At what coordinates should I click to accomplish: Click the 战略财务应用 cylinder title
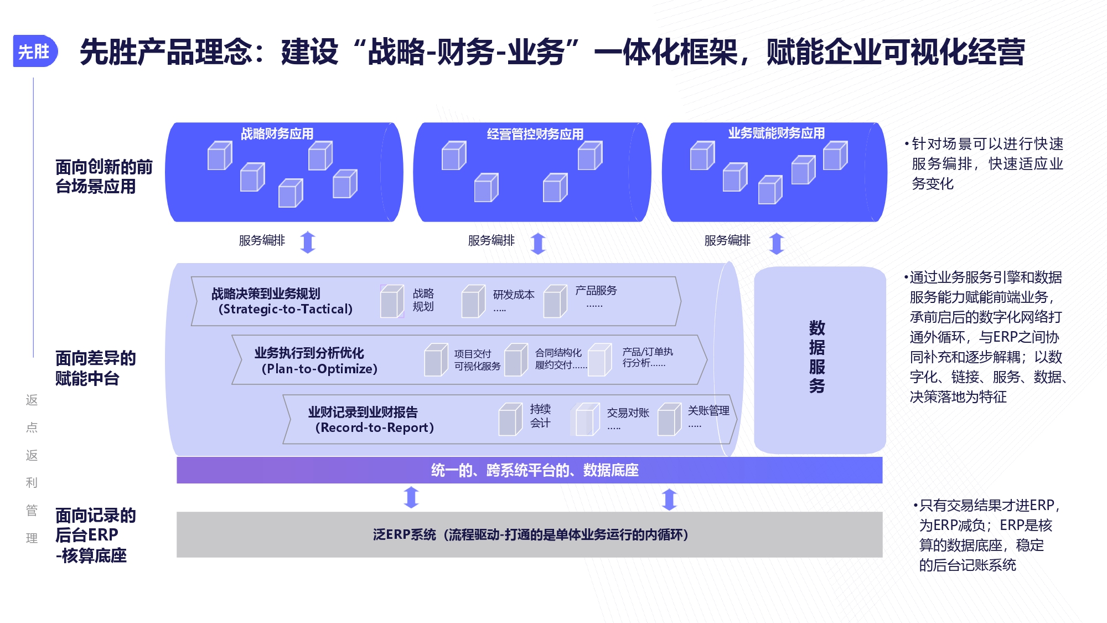click(277, 133)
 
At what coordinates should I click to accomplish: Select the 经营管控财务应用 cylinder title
click(535, 134)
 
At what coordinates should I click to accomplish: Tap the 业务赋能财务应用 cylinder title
click(776, 133)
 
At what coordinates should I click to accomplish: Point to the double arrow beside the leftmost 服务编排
click(308, 242)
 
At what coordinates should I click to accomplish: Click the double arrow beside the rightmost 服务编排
click(777, 243)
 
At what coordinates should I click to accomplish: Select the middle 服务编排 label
click(491, 240)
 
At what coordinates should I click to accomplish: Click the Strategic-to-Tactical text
click(286, 309)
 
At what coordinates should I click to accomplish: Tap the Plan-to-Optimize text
click(319, 369)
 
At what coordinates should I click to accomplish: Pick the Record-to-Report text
click(375, 428)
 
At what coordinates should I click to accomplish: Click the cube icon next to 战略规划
click(392, 301)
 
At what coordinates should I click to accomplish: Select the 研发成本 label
click(514, 295)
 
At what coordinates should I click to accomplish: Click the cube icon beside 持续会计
click(510, 419)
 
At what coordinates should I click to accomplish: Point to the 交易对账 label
click(628, 413)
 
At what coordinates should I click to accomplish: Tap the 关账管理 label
click(708, 410)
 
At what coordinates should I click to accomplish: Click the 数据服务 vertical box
click(820, 360)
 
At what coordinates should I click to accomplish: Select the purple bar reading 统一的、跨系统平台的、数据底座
click(529, 470)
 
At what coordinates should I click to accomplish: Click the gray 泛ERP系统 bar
click(529, 534)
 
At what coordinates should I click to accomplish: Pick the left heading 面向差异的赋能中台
click(95, 368)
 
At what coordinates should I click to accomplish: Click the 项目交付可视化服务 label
click(477, 360)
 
